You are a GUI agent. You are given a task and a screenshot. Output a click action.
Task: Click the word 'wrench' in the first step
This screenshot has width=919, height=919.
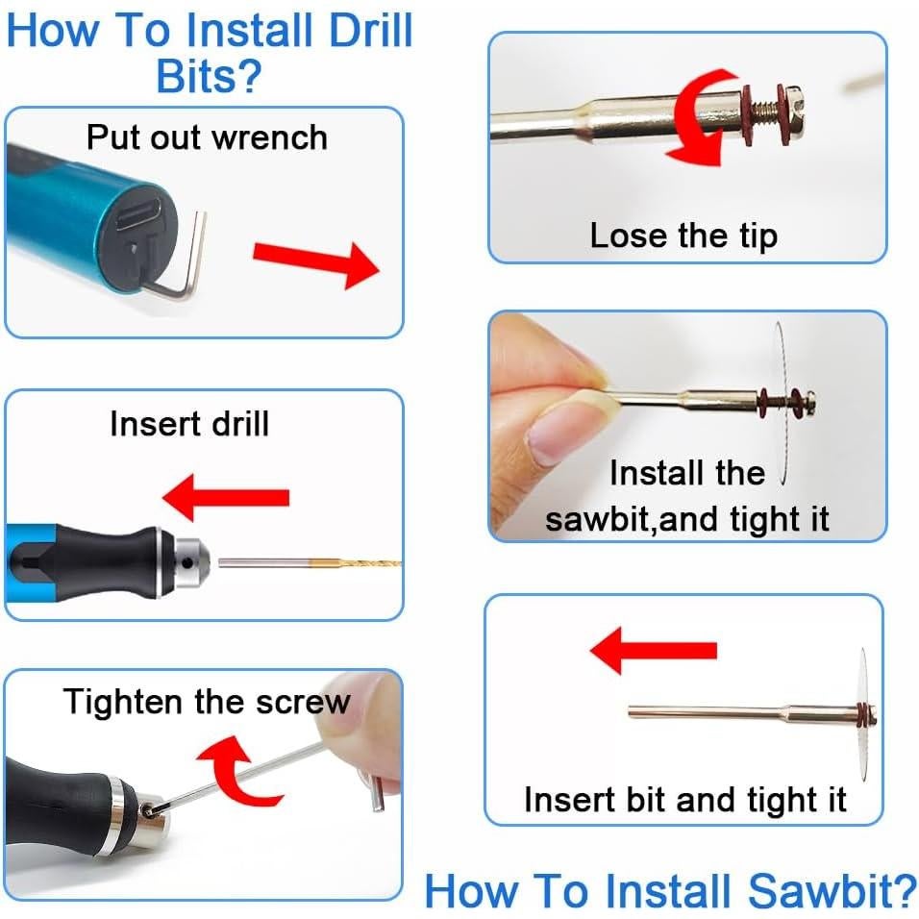click(269, 138)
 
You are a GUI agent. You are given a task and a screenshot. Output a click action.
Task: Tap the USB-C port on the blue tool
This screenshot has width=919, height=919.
click(138, 214)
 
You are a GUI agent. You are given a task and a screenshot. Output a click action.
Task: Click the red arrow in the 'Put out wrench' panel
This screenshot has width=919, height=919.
click(316, 264)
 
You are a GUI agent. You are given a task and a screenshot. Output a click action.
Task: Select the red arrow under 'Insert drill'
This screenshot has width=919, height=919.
click(226, 498)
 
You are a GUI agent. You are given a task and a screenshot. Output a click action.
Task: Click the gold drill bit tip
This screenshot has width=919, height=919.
click(357, 564)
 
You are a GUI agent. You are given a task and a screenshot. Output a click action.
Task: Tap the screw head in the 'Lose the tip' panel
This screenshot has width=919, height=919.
click(795, 112)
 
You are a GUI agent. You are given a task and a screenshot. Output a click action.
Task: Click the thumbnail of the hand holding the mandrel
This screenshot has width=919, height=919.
click(687, 426)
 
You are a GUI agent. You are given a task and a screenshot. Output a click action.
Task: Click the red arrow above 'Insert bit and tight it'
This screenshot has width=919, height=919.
click(654, 651)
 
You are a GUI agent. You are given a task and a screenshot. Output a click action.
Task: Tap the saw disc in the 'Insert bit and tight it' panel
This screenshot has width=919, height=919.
click(863, 715)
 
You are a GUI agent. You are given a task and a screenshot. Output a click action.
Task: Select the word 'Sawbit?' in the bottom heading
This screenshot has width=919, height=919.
click(832, 891)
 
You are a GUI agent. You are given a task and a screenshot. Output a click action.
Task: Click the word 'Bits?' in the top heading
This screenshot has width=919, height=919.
click(209, 76)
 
